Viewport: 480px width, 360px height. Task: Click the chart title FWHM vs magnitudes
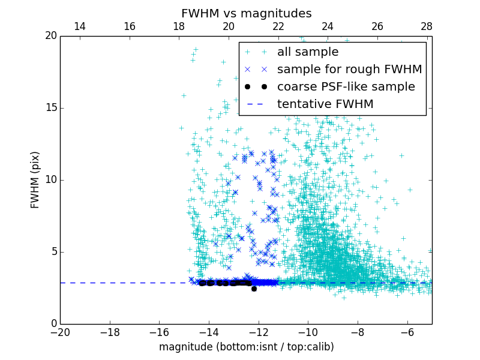pos(246,13)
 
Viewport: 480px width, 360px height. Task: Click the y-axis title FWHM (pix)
pos(35,180)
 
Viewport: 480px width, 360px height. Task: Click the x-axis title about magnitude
pos(246,347)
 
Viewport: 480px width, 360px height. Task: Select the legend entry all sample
pos(308,52)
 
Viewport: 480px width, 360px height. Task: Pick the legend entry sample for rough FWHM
pos(349,70)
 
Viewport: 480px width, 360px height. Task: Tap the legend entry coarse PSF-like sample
pos(346,87)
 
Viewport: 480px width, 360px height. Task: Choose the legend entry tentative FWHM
pos(325,104)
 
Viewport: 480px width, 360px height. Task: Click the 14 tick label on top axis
pos(80,26)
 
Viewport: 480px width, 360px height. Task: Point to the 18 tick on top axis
pos(179,26)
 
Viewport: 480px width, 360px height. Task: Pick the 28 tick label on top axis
pos(427,26)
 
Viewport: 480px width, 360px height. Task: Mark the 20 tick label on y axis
pos(50,36)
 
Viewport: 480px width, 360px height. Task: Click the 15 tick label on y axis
pos(50,108)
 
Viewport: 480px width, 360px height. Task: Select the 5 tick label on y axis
pos(53,252)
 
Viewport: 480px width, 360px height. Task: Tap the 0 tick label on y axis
pos(53,324)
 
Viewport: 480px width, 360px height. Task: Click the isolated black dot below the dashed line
pos(254,289)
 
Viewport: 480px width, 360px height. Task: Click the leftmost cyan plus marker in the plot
pos(181,128)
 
